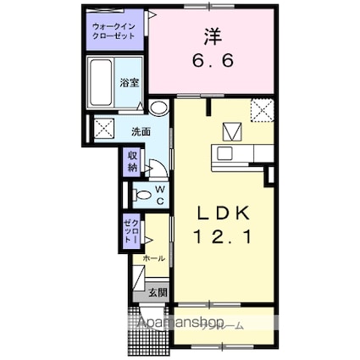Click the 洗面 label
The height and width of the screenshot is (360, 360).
pos(140,132)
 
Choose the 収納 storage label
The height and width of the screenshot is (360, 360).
pos(133,162)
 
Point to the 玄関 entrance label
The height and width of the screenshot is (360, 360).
pos(158,293)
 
